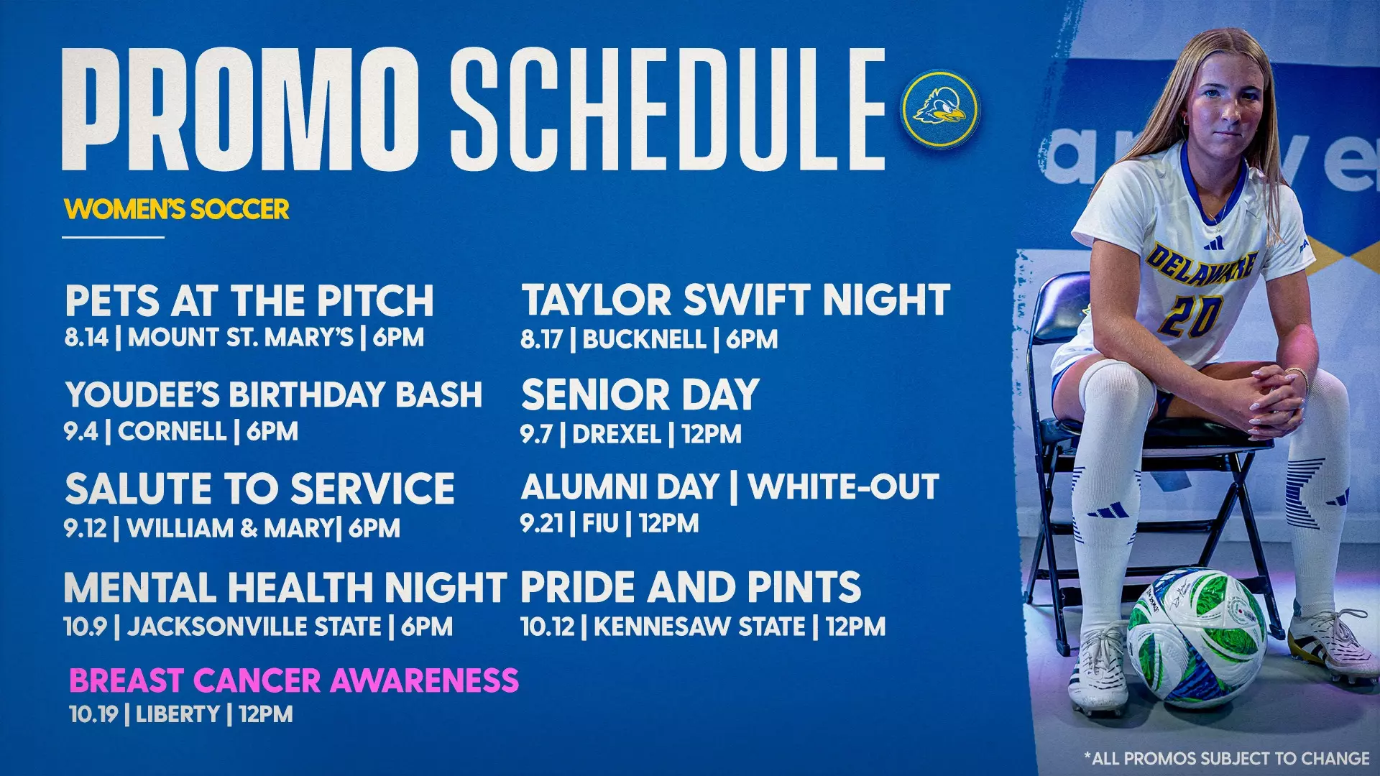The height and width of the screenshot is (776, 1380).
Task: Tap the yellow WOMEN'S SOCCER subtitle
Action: click(177, 209)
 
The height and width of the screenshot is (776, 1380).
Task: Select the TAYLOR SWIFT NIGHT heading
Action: click(735, 300)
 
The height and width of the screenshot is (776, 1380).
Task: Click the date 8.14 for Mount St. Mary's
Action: click(86, 337)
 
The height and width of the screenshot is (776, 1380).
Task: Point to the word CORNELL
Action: click(172, 432)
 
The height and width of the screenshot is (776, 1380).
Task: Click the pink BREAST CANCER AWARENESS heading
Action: click(293, 680)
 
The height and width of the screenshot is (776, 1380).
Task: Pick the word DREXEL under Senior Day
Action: click(617, 434)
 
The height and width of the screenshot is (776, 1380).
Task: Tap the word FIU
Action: click(600, 524)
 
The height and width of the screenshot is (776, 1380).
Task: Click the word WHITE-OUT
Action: click(843, 487)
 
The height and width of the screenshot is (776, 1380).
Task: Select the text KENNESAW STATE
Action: click(699, 627)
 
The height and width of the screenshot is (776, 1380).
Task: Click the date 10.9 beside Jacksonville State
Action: click(85, 627)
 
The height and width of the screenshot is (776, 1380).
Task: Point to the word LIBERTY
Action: click(178, 714)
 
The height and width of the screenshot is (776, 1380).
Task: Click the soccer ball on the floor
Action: click(1196, 637)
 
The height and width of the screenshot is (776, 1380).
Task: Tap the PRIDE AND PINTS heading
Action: click(691, 587)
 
